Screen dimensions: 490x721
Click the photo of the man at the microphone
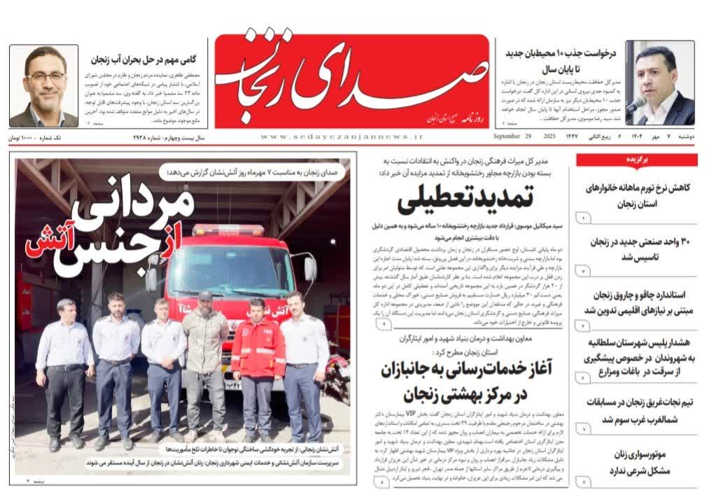tap(659, 83)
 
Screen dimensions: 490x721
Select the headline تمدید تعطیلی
tap(465, 201)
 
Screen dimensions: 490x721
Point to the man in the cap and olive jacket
tap(205, 364)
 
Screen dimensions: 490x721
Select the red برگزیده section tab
tap(637, 160)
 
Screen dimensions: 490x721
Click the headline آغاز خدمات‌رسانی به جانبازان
tap(456, 382)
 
